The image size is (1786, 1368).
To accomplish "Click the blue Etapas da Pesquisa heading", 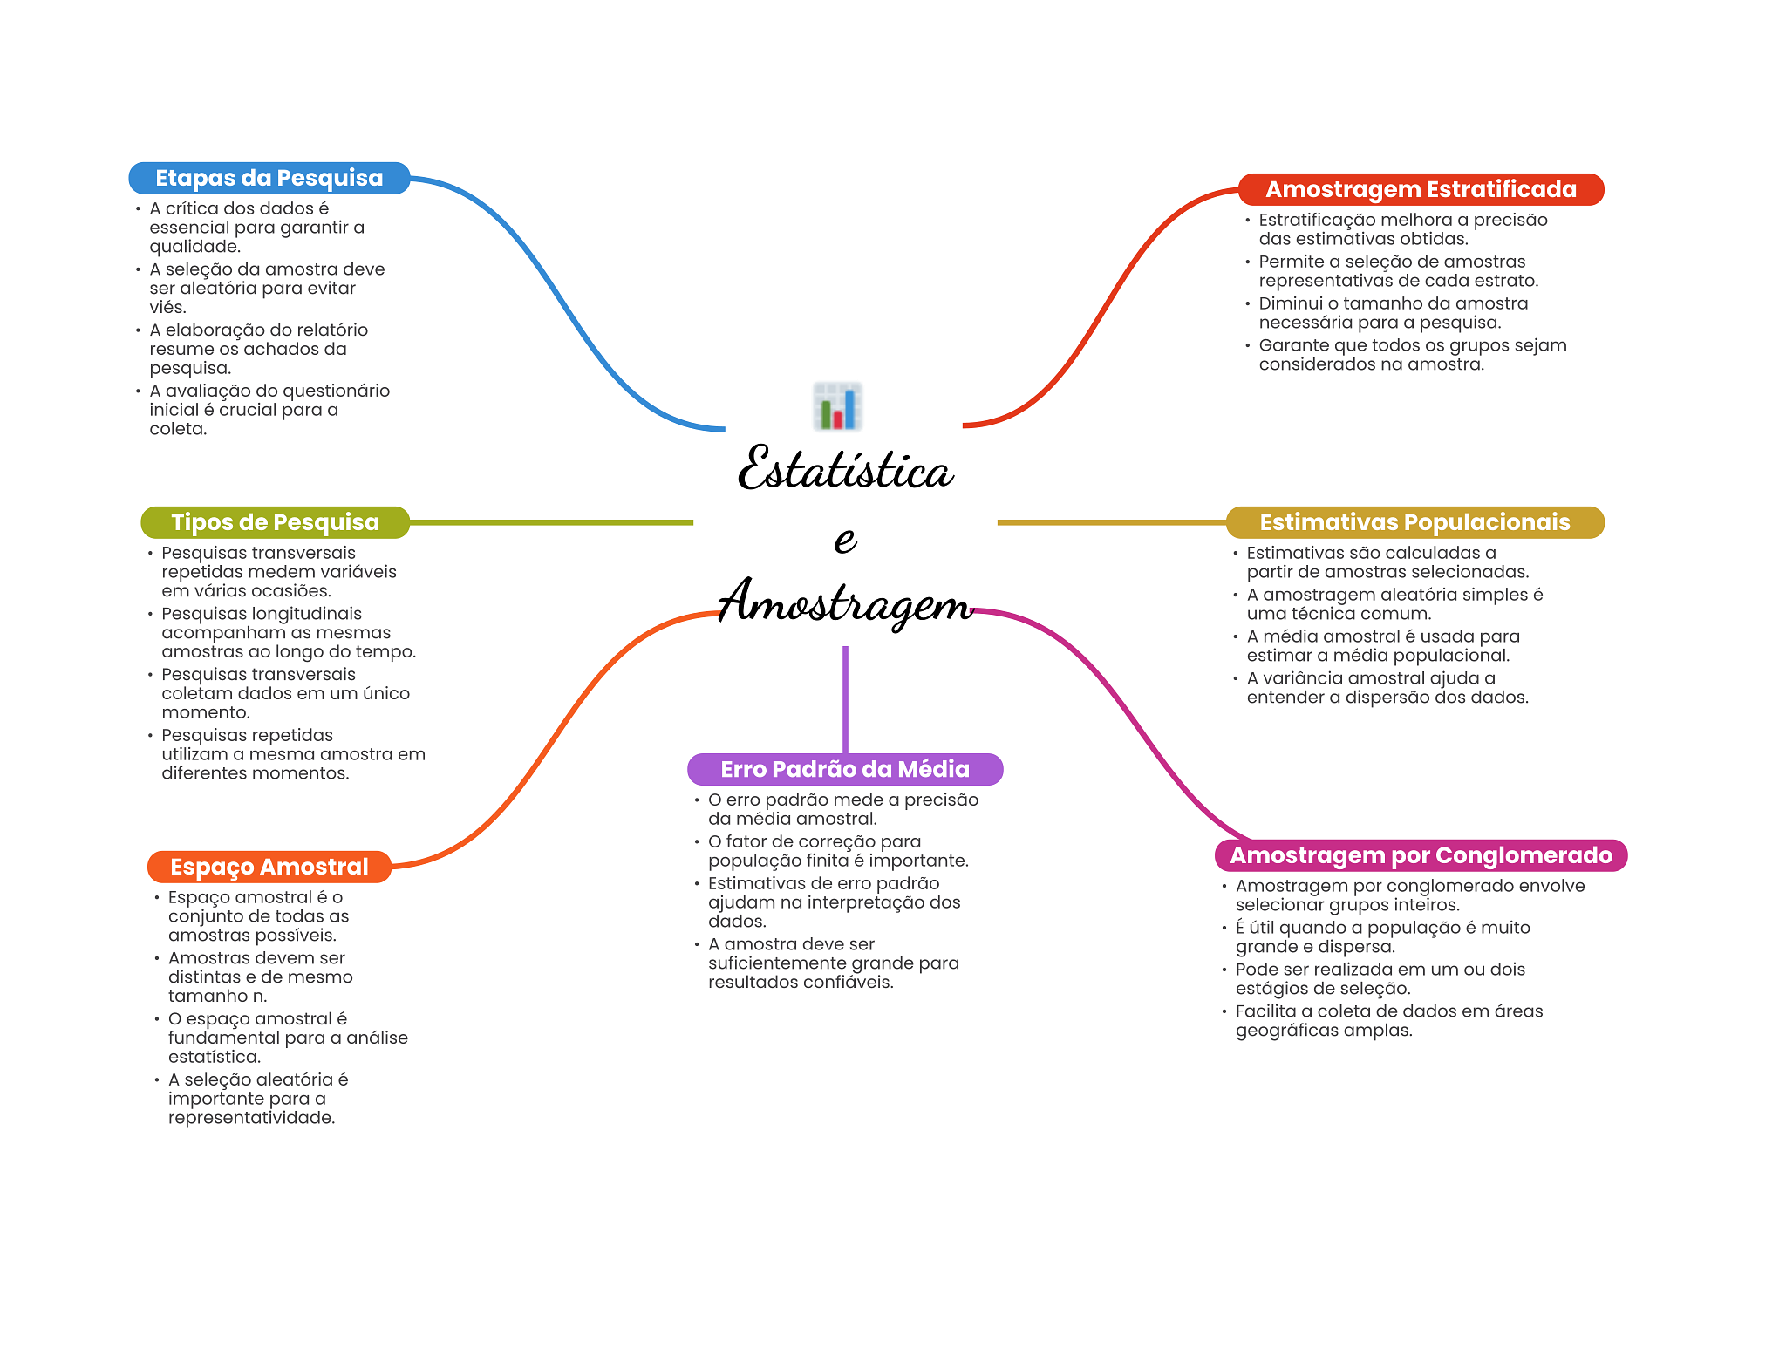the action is pyautogui.click(x=269, y=178).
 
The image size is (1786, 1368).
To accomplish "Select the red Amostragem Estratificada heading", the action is pyautogui.click(x=1421, y=189).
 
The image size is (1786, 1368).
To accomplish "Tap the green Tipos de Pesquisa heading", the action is pyautogui.click(x=275, y=522).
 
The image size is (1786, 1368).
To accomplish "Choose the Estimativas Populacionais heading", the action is pyautogui.click(x=1414, y=522).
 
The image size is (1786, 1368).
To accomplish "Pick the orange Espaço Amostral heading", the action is pyautogui.click(x=269, y=867).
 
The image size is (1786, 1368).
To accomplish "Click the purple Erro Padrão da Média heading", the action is pyautogui.click(x=844, y=769).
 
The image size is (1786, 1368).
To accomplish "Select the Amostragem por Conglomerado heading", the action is pyautogui.click(x=1421, y=855).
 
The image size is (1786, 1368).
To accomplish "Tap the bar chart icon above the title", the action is pyautogui.click(x=837, y=406).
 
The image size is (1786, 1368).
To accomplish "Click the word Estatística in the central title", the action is pyautogui.click(x=844, y=469).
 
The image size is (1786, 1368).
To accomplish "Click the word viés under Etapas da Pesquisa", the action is pyautogui.click(x=167, y=308).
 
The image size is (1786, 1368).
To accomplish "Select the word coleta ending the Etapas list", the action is pyautogui.click(x=177, y=429).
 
